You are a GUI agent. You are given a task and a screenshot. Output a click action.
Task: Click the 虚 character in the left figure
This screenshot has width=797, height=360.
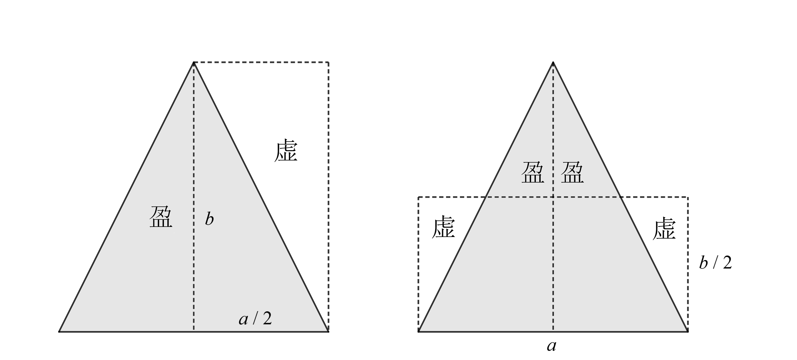click(286, 150)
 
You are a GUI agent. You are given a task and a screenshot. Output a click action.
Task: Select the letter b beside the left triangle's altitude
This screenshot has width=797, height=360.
click(209, 219)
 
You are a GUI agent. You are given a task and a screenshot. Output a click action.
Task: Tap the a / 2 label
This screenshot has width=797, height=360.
click(255, 318)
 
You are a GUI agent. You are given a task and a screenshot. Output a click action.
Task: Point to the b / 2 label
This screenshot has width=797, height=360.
click(715, 263)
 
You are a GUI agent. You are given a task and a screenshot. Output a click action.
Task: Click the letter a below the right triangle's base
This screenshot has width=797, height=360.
click(551, 346)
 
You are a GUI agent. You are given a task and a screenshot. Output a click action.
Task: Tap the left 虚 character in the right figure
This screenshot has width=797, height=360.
click(443, 227)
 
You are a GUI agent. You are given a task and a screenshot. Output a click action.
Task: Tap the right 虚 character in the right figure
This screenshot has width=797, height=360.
click(664, 228)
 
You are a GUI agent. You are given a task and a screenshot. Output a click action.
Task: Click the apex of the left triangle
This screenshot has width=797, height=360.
click(194, 62)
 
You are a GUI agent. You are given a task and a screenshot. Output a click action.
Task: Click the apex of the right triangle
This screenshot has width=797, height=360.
click(553, 62)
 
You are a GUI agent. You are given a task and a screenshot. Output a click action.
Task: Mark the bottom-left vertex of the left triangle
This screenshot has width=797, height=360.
click(59, 332)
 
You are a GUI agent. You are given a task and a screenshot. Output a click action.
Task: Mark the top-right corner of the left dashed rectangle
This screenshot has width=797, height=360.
click(328, 62)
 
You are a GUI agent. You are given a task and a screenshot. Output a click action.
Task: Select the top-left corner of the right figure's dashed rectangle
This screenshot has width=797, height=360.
click(418, 197)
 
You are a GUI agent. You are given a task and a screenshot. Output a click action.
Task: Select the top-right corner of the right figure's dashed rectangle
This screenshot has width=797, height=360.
click(688, 197)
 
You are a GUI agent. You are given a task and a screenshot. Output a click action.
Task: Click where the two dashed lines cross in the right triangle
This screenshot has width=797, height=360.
click(553, 197)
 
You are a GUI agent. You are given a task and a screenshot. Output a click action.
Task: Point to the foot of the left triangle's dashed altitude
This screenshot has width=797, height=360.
click(194, 332)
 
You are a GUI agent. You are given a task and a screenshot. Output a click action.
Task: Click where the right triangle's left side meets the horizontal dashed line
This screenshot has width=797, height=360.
click(486, 197)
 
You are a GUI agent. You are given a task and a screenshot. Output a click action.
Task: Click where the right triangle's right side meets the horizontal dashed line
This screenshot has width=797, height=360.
click(620, 197)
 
